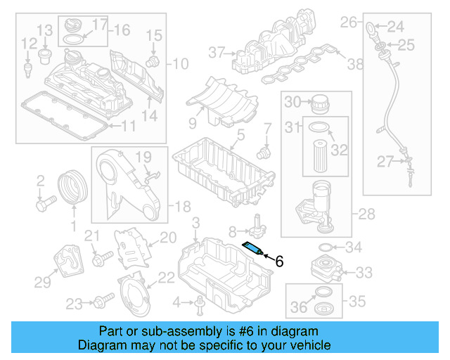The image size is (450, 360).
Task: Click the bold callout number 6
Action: (278, 262)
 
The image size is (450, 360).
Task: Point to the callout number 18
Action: (182, 206)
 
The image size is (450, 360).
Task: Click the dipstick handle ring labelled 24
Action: (371, 28)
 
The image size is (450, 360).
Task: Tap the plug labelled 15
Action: (150, 62)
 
